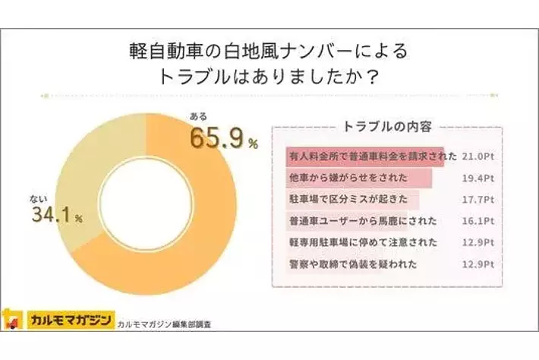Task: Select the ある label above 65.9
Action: (197, 118)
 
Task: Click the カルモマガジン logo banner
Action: (68, 317)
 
